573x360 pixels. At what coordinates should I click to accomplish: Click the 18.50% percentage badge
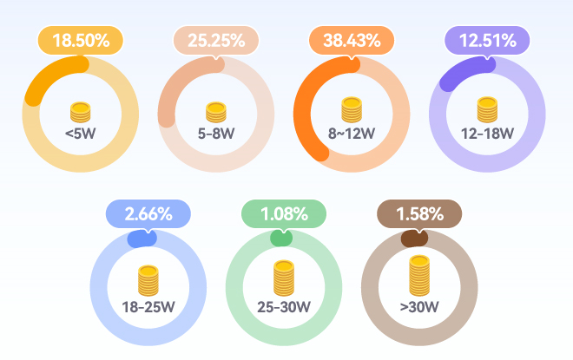pos(80,41)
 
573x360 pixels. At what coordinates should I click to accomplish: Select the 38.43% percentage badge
pos(351,41)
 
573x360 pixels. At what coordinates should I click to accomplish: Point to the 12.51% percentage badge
pos(486,41)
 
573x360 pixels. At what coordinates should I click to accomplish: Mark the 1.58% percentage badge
pos(418,213)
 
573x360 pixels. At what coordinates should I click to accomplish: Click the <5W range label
pos(80,134)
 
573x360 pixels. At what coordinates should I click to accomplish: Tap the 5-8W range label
pos(215,134)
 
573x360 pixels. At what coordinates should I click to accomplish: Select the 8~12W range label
pos(351,134)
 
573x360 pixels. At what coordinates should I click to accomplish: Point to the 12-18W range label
pos(486,134)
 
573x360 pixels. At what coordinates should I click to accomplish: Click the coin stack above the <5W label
pos(80,112)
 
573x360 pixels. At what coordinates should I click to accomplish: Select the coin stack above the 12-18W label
pos(486,110)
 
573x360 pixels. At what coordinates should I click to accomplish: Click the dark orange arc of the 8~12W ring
pos(303,113)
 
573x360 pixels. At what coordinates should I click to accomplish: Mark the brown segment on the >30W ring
pos(415,238)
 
